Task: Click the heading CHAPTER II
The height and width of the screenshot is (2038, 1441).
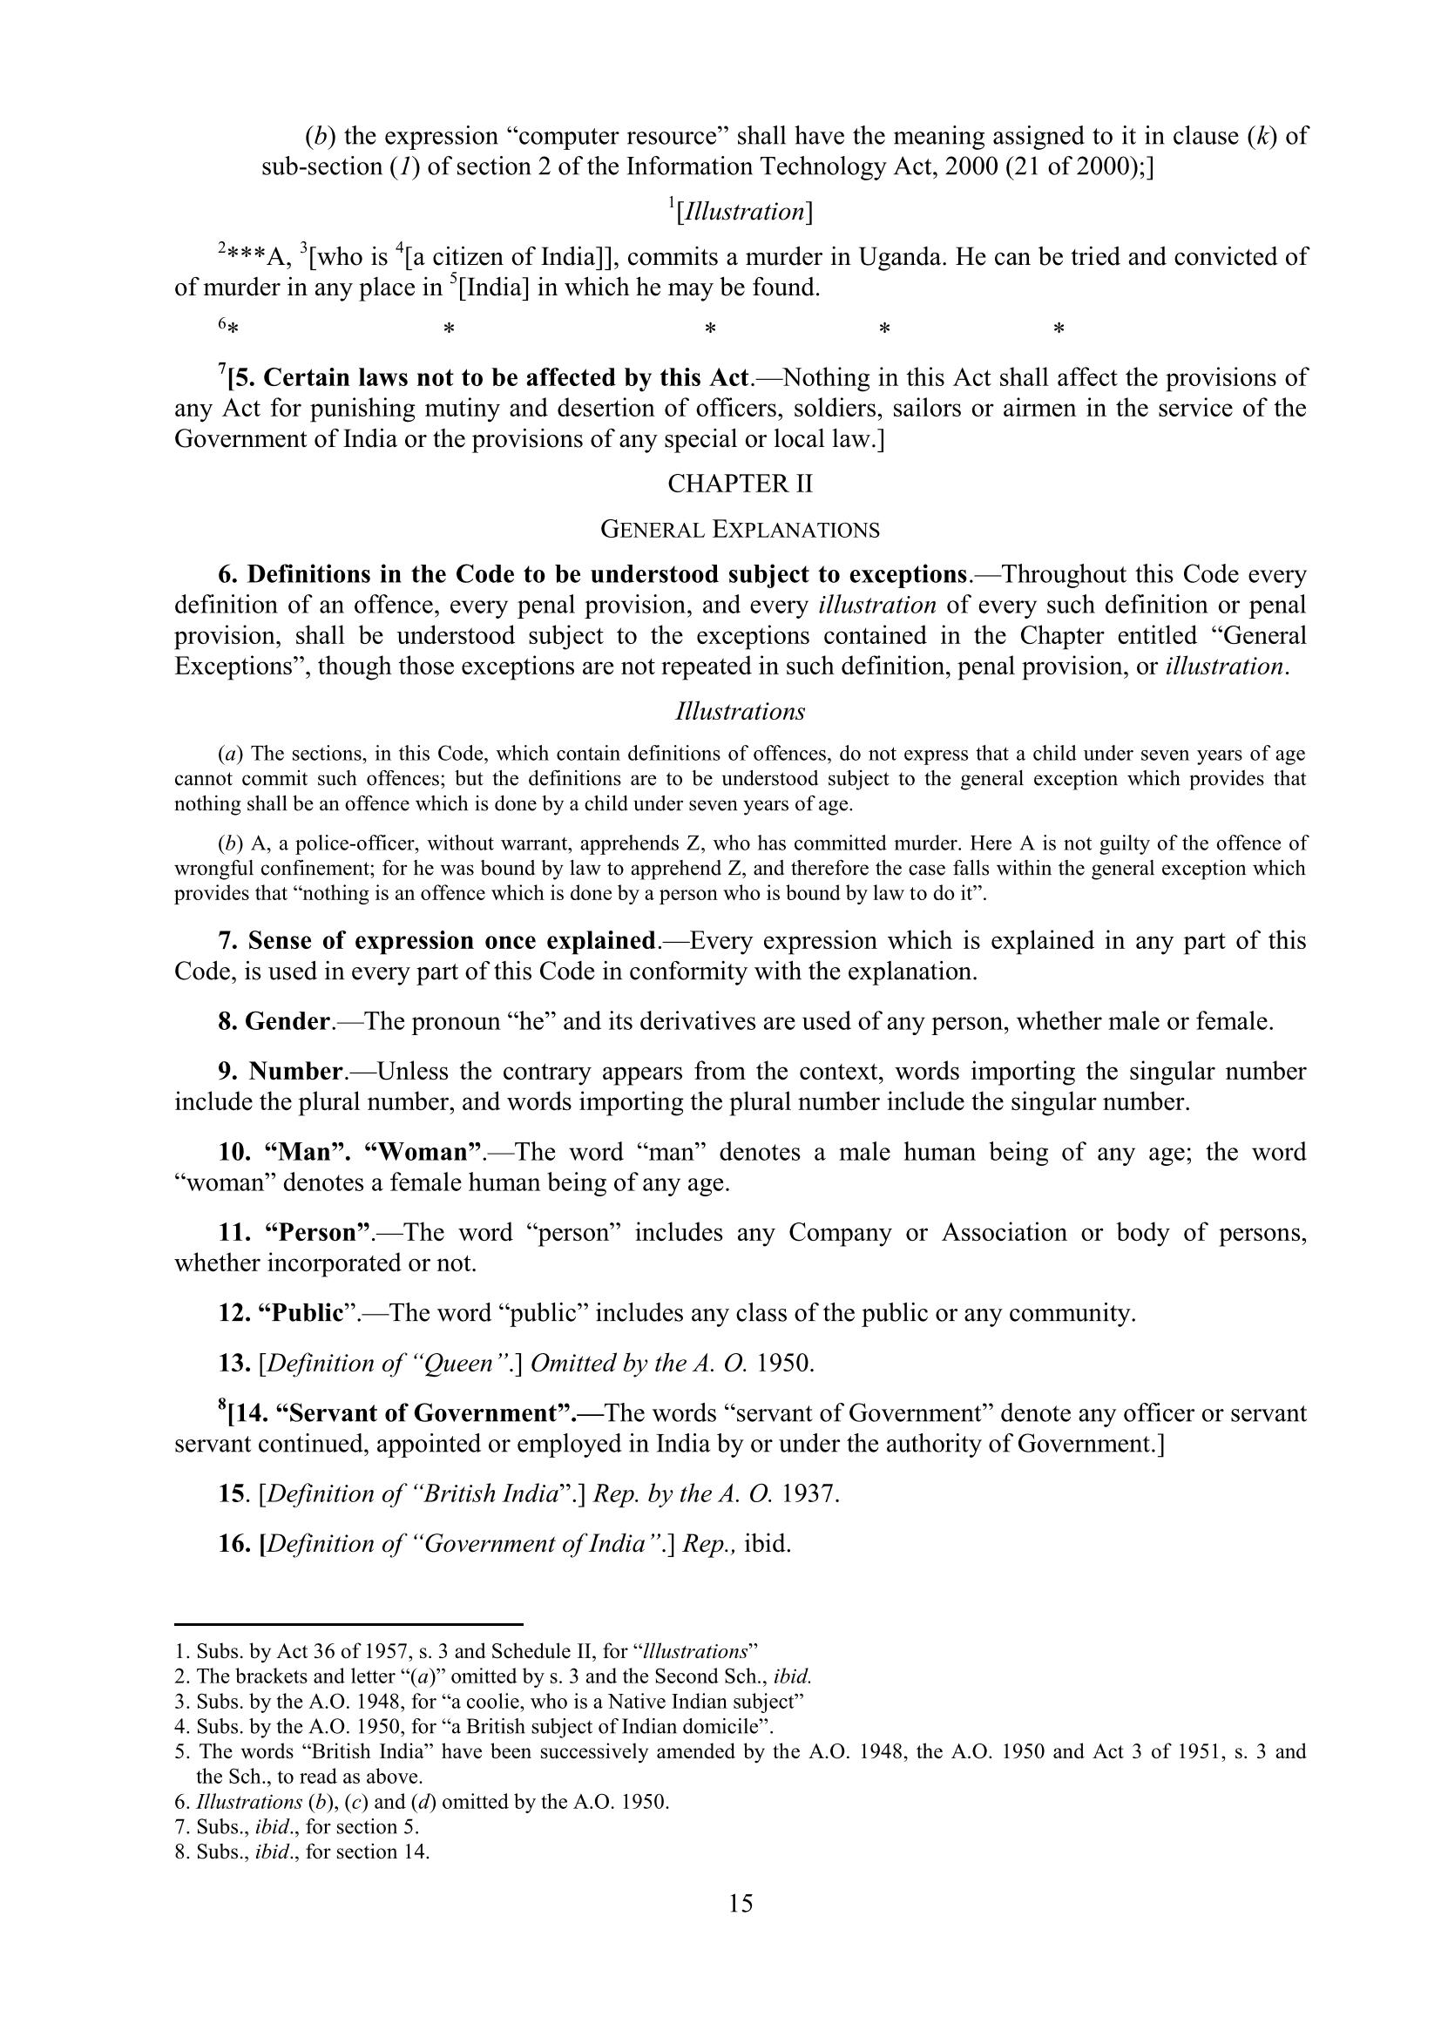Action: (x=740, y=484)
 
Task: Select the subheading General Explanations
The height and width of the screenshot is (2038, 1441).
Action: (x=740, y=530)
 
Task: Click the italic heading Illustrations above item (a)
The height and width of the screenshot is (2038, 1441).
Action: (x=740, y=712)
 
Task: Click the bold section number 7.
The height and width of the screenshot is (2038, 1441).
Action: (x=227, y=941)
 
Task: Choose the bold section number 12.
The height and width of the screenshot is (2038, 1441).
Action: (x=234, y=1314)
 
